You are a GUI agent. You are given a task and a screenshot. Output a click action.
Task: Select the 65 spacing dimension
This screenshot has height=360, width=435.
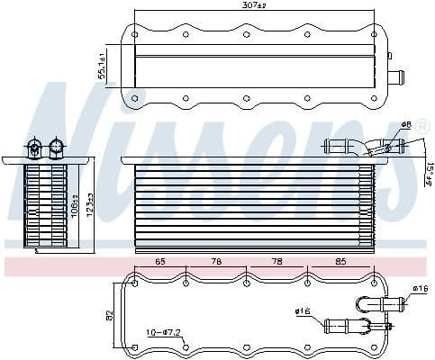tap(161, 262)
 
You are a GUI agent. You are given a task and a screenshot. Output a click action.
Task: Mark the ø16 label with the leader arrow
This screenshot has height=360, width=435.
tap(302, 312)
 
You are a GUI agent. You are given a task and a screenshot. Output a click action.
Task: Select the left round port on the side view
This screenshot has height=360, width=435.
tap(36, 145)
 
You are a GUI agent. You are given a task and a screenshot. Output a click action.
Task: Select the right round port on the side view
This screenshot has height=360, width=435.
tap(57, 145)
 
